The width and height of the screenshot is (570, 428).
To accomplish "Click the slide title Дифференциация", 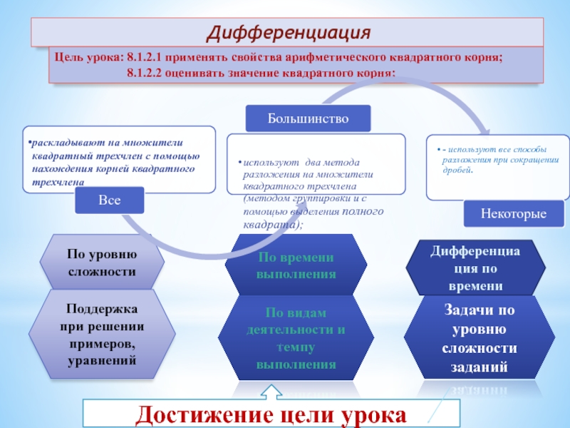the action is pyautogui.click(x=289, y=33).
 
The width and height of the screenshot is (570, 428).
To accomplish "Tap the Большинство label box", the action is pyautogui.click(x=308, y=118).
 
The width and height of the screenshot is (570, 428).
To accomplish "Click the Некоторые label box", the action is pyautogui.click(x=513, y=213).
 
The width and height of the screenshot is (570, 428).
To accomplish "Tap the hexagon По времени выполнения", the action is pyautogui.click(x=296, y=265).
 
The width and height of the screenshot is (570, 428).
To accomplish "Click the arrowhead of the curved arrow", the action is pyautogui.click(x=484, y=131).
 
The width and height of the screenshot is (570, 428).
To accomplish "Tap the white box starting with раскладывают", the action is pyautogui.click(x=118, y=160).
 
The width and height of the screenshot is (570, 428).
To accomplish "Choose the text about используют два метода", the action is pyautogui.click(x=313, y=189).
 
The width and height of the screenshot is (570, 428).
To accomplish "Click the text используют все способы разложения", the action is pyautogui.click(x=497, y=160).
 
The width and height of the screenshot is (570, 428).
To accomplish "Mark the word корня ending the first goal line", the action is pyautogui.click(x=485, y=57).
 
